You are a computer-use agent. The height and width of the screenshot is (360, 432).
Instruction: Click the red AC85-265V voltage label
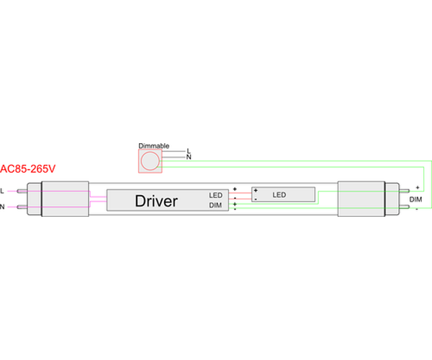(x=28, y=170)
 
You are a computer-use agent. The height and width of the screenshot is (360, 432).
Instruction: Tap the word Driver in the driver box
(x=156, y=200)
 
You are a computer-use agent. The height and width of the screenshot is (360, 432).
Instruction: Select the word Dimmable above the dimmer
(x=153, y=145)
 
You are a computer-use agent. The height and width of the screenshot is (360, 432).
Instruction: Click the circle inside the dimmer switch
(x=150, y=161)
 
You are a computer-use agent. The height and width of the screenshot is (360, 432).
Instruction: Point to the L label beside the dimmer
(x=189, y=151)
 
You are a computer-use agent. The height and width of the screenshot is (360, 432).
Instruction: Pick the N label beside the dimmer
(x=189, y=157)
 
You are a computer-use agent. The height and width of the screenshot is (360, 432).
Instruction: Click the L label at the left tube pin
(x=3, y=191)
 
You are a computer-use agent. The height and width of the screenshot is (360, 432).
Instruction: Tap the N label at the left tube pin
(x=3, y=207)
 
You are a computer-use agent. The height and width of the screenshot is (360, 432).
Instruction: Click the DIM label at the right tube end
(x=415, y=199)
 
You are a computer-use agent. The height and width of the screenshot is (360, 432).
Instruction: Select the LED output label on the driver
(x=215, y=195)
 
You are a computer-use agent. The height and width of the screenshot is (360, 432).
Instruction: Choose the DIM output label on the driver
(x=215, y=205)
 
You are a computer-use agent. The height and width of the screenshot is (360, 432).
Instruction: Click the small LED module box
(x=284, y=194)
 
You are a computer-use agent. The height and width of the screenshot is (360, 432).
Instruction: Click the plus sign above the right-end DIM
(x=417, y=188)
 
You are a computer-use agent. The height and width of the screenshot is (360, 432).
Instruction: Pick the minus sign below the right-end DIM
(x=417, y=209)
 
